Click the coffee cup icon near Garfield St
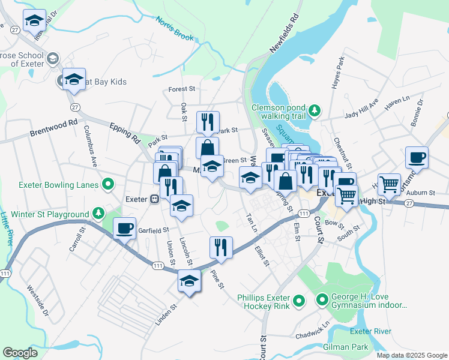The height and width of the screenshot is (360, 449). (124, 228)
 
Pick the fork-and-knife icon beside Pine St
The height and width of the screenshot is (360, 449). (221, 246)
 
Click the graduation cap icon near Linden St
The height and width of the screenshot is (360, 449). (189, 280)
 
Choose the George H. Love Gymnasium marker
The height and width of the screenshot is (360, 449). (323, 298)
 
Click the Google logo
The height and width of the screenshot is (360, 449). (20, 353)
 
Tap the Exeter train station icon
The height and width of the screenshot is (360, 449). (154, 198)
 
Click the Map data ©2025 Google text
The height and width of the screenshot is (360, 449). (411, 355)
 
